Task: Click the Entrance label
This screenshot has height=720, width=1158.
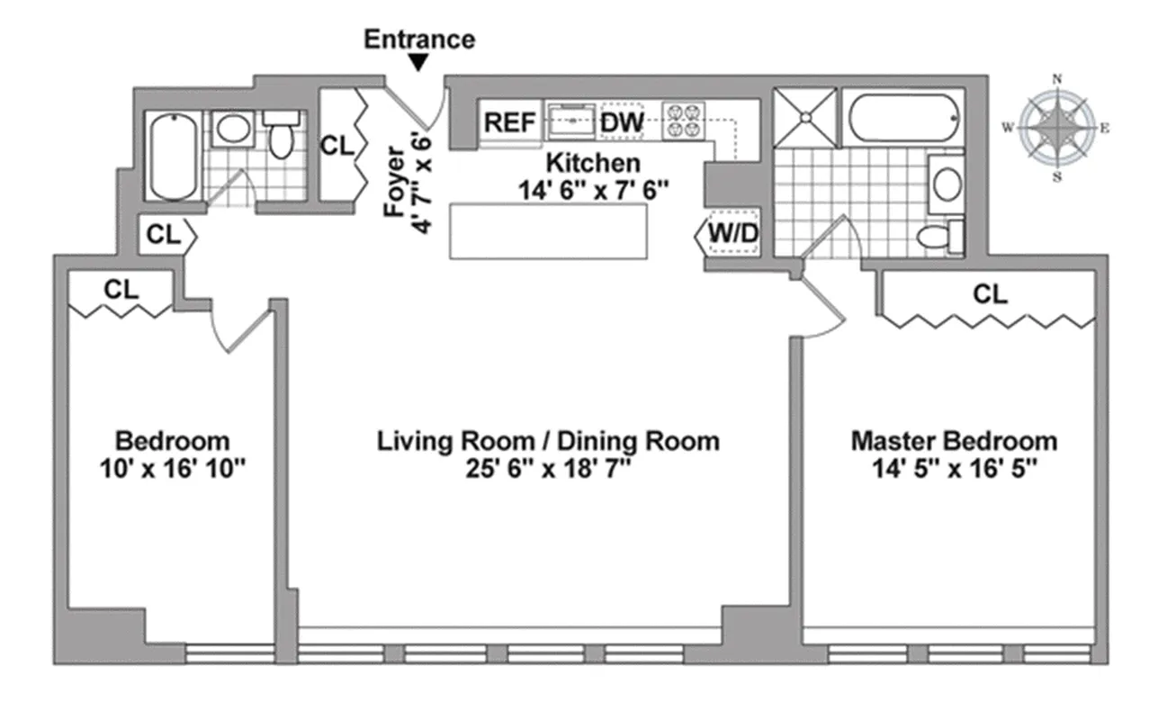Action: tap(419, 40)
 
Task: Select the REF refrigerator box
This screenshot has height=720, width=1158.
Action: tap(510, 122)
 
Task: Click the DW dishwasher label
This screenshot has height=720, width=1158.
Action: tap(622, 122)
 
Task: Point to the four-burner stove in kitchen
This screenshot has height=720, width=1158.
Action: tap(683, 121)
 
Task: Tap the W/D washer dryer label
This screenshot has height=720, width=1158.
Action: tap(733, 233)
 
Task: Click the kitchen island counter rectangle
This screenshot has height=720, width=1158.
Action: tap(548, 230)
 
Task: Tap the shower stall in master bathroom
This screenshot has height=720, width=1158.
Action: tap(804, 116)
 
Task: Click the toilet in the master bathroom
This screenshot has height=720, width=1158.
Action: tap(939, 238)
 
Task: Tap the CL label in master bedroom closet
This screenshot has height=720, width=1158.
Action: tap(990, 294)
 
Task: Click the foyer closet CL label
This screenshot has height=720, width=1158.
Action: tap(337, 145)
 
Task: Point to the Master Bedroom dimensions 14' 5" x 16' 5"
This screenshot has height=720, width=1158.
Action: tap(954, 468)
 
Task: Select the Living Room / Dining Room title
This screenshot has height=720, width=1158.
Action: tap(548, 441)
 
